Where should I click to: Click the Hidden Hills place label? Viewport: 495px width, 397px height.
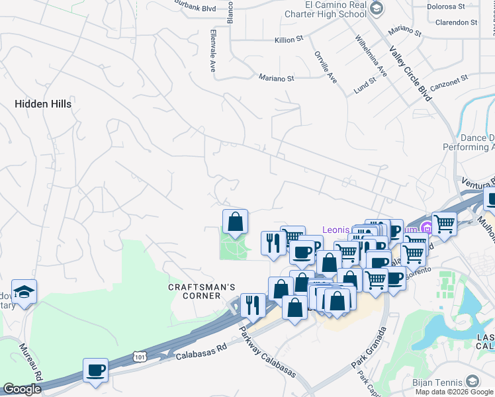[x=43, y=104]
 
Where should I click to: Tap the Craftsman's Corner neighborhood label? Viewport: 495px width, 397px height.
[x=202, y=291]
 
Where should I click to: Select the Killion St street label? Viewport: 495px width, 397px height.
[x=289, y=40]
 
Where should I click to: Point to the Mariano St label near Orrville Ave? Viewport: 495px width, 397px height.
[x=276, y=78]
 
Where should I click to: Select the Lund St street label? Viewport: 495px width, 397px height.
[x=364, y=84]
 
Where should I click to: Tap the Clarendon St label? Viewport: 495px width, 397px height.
[x=456, y=22]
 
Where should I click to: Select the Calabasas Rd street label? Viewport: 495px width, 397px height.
[x=201, y=351]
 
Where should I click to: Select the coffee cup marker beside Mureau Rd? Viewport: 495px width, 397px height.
[x=96, y=370]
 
